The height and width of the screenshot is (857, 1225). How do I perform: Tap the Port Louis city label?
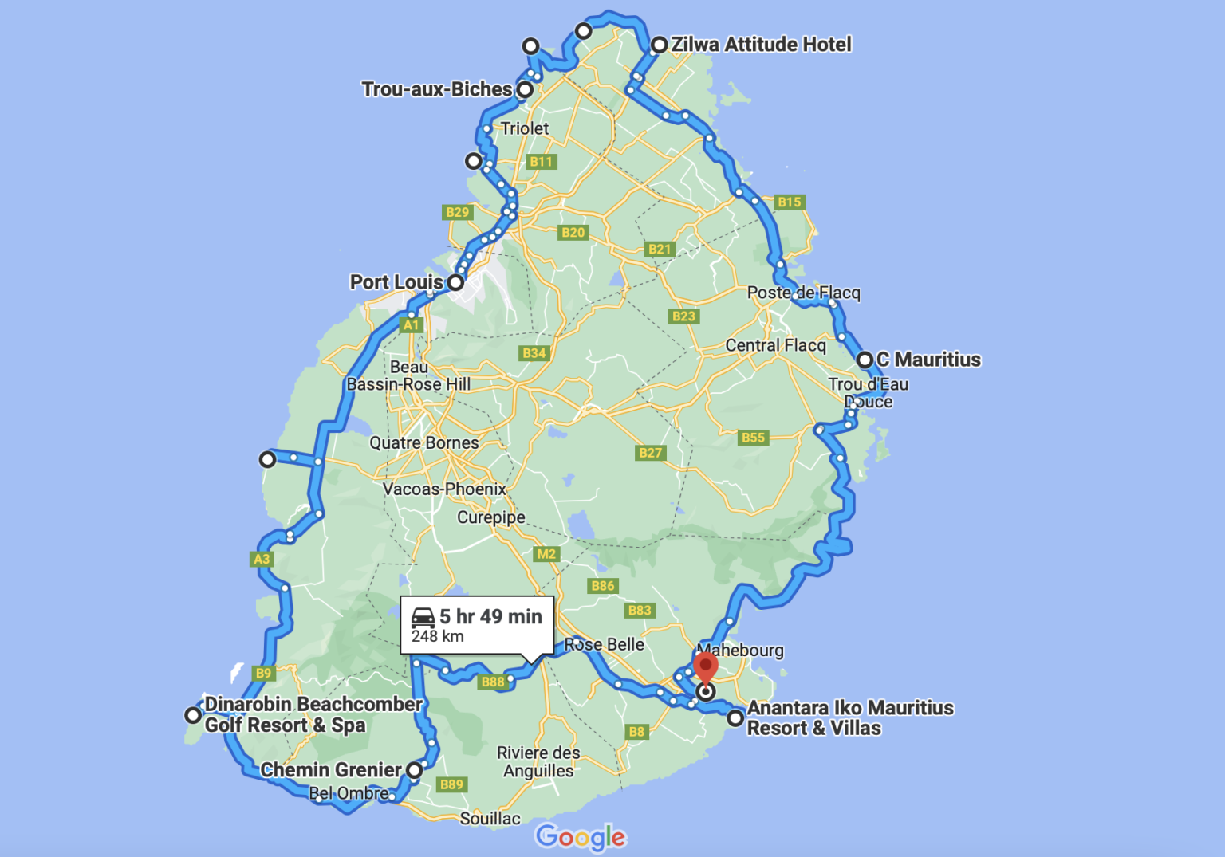pyautogui.click(x=396, y=282)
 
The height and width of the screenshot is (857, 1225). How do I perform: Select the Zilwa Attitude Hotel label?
pyautogui.click(x=761, y=45)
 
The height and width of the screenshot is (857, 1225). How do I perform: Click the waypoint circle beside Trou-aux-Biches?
pyautogui.click(x=525, y=89)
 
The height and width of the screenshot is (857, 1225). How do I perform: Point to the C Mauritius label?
pyautogui.click(x=929, y=360)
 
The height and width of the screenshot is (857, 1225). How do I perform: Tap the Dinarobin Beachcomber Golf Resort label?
pyautogui.click(x=313, y=714)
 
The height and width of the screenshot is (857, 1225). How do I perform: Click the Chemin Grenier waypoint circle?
pyautogui.click(x=415, y=770)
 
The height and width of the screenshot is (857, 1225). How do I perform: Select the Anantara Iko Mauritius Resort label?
pyautogui.click(x=849, y=717)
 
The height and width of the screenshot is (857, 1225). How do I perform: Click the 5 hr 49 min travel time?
pyautogui.click(x=490, y=616)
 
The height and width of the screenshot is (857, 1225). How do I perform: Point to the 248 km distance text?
pyautogui.click(x=437, y=636)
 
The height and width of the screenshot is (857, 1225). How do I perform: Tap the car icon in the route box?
pyautogui.click(x=423, y=617)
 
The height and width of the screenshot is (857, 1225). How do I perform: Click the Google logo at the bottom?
pyautogui.click(x=581, y=837)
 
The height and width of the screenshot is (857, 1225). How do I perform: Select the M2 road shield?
pyautogui.click(x=546, y=554)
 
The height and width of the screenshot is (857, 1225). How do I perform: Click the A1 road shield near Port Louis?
pyautogui.click(x=411, y=325)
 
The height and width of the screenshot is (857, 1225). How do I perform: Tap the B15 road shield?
pyautogui.click(x=789, y=202)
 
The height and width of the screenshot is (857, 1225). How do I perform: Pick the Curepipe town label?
pyautogui.click(x=490, y=517)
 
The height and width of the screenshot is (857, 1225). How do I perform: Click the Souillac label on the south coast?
pyautogui.click(x=490, y=819)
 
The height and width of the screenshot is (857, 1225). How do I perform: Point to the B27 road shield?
pyautogui.click(x=650, y=453)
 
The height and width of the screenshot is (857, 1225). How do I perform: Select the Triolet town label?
pyautogui.click(x=524, y=128)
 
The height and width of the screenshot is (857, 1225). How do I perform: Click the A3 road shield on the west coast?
pyautogui.click(x=262, y=559)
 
